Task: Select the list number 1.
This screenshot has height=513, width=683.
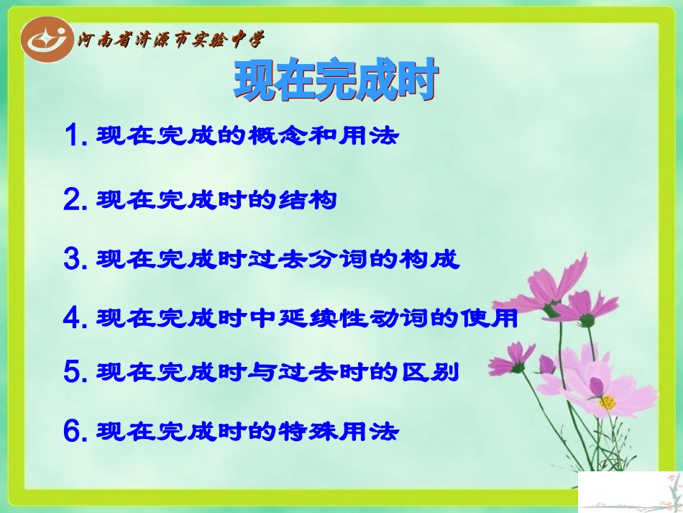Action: click(74, 135)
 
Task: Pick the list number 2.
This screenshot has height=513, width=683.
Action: click(74, 200)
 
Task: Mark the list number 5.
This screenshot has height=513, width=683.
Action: click(74, 372)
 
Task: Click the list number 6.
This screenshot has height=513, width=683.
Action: click(74, 431)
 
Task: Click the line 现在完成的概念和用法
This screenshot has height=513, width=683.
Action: click(247, 135)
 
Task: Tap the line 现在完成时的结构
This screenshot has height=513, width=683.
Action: click(216, 200)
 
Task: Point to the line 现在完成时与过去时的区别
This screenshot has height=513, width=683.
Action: click(278, 372)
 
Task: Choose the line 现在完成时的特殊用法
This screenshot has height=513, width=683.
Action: click(247, 431)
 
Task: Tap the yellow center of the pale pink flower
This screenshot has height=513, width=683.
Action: click(608, 401)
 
